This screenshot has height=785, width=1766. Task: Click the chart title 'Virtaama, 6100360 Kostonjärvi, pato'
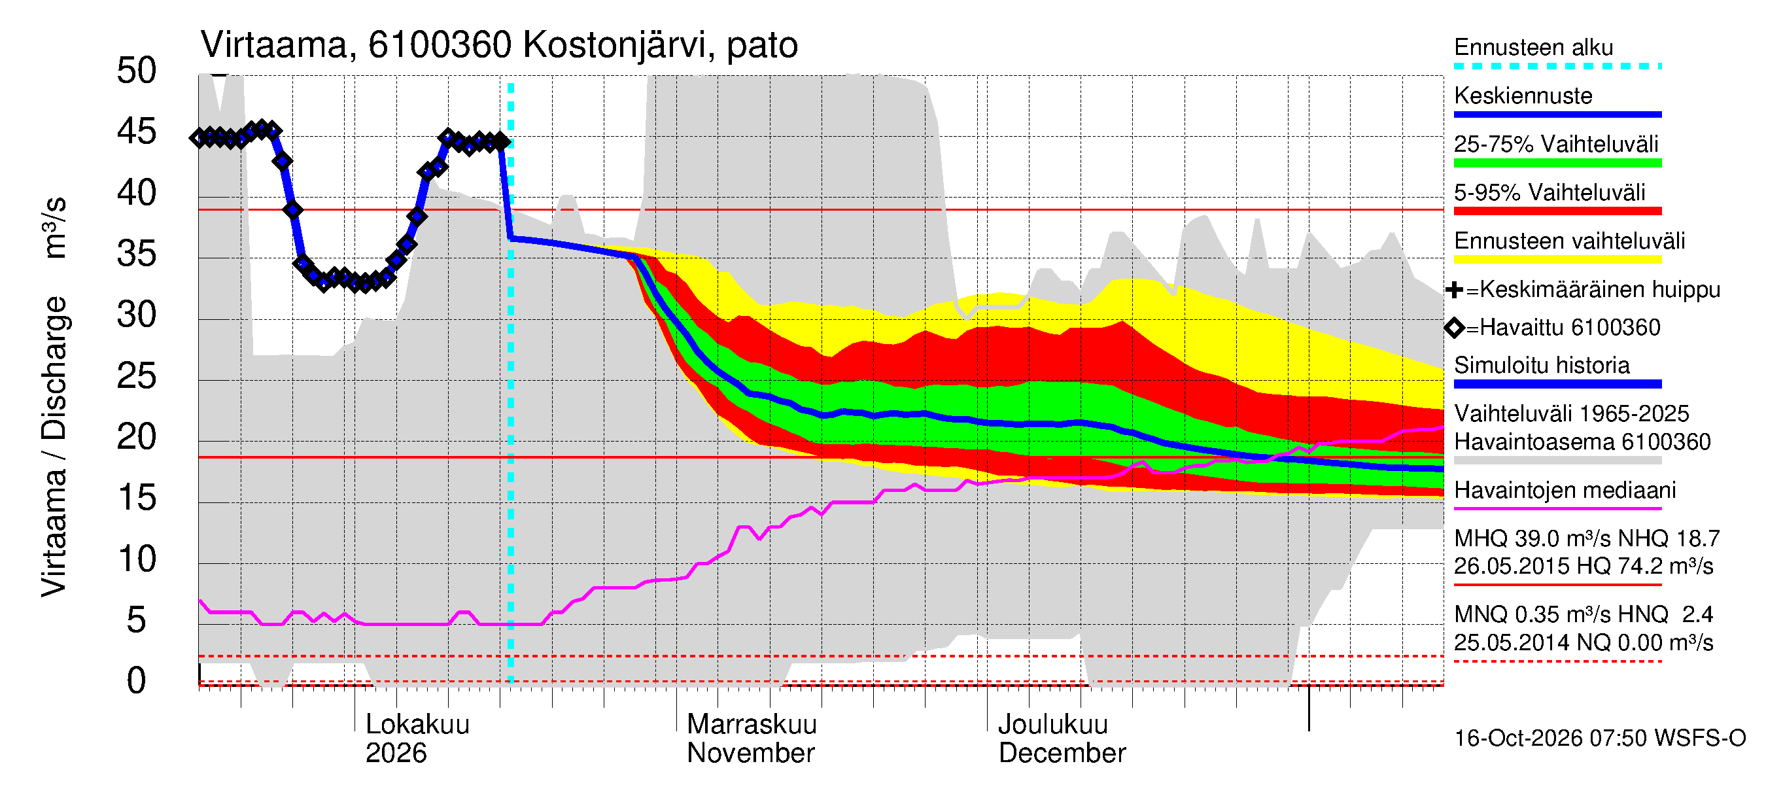click(499, 45)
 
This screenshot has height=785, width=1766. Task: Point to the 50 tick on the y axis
click(137, 71)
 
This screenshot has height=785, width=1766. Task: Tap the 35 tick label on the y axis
click(137, 254)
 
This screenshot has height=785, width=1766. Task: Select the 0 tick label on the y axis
click(137, 681)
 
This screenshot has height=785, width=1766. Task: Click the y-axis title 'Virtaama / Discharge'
click(54, 447)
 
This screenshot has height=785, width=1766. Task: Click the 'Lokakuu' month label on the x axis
click(417, 724)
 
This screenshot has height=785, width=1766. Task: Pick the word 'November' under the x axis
click(751, 753)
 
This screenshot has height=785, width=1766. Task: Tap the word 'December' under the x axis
click(1062, 753)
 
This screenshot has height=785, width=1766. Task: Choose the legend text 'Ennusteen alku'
click(1534, 47)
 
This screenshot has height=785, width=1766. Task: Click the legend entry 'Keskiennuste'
click(1523, 96)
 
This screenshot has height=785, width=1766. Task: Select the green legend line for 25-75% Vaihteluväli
click(1557, 163)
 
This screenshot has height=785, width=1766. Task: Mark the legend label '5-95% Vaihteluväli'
click(1550, 192)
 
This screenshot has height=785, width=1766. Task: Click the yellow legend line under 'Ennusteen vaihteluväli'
click(1557, 260)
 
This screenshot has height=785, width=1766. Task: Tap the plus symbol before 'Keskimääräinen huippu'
click(1454, 290)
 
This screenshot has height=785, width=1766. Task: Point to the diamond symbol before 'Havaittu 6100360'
click(1454, 328)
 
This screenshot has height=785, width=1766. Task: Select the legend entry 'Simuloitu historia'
click(1542, 366)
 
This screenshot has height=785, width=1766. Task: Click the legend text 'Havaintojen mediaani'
click(1565, 490)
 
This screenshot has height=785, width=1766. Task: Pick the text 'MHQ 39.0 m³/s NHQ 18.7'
click(1587, 539)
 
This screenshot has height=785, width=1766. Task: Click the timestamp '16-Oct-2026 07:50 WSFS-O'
click(1600, 739)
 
